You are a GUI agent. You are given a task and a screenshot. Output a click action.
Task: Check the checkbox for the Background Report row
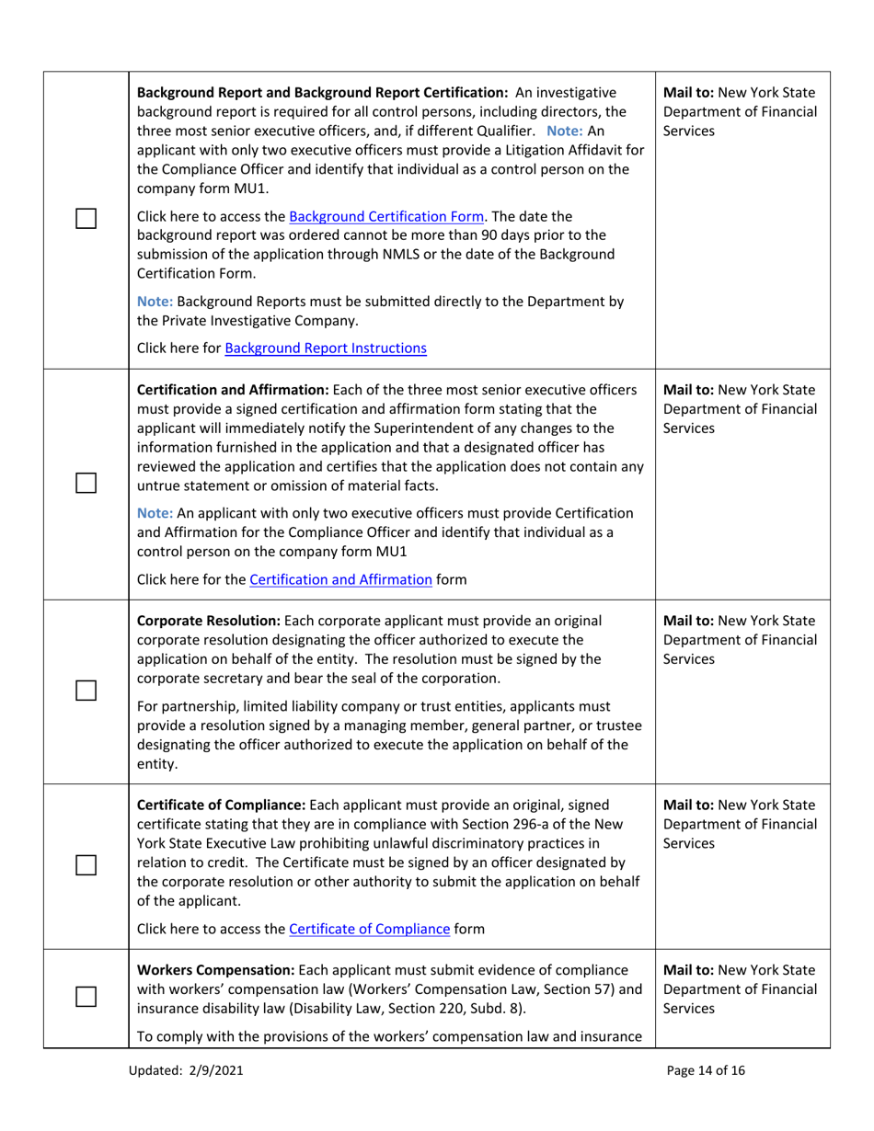(x=86, y=220)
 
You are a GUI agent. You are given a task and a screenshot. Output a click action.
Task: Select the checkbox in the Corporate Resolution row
(x=86, y=690)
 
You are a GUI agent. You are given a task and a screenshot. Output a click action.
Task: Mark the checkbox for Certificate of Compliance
(x=86, y=865)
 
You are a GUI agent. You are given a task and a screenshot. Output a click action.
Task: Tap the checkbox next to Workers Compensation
(x=86, y=998)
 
